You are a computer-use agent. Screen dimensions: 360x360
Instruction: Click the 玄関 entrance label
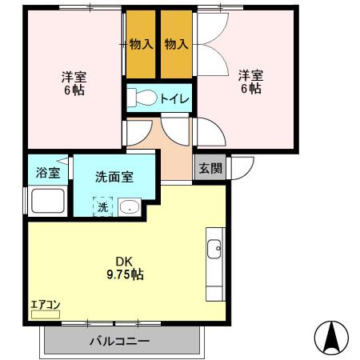pos(211,168)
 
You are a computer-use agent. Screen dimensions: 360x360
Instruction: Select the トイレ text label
pos(174,98)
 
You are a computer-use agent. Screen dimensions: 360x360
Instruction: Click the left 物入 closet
pos(141,45)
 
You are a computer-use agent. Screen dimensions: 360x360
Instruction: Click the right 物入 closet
pos(176,45)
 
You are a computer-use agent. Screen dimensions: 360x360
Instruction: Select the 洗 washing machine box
pos(103,207)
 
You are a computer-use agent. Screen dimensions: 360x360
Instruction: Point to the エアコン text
pos(45,304)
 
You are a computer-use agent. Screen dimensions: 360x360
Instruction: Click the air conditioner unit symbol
pos(45,315)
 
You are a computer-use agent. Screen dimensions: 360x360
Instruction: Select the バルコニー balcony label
pos(122,342)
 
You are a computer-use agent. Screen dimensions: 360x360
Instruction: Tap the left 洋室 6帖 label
pos(74,83)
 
